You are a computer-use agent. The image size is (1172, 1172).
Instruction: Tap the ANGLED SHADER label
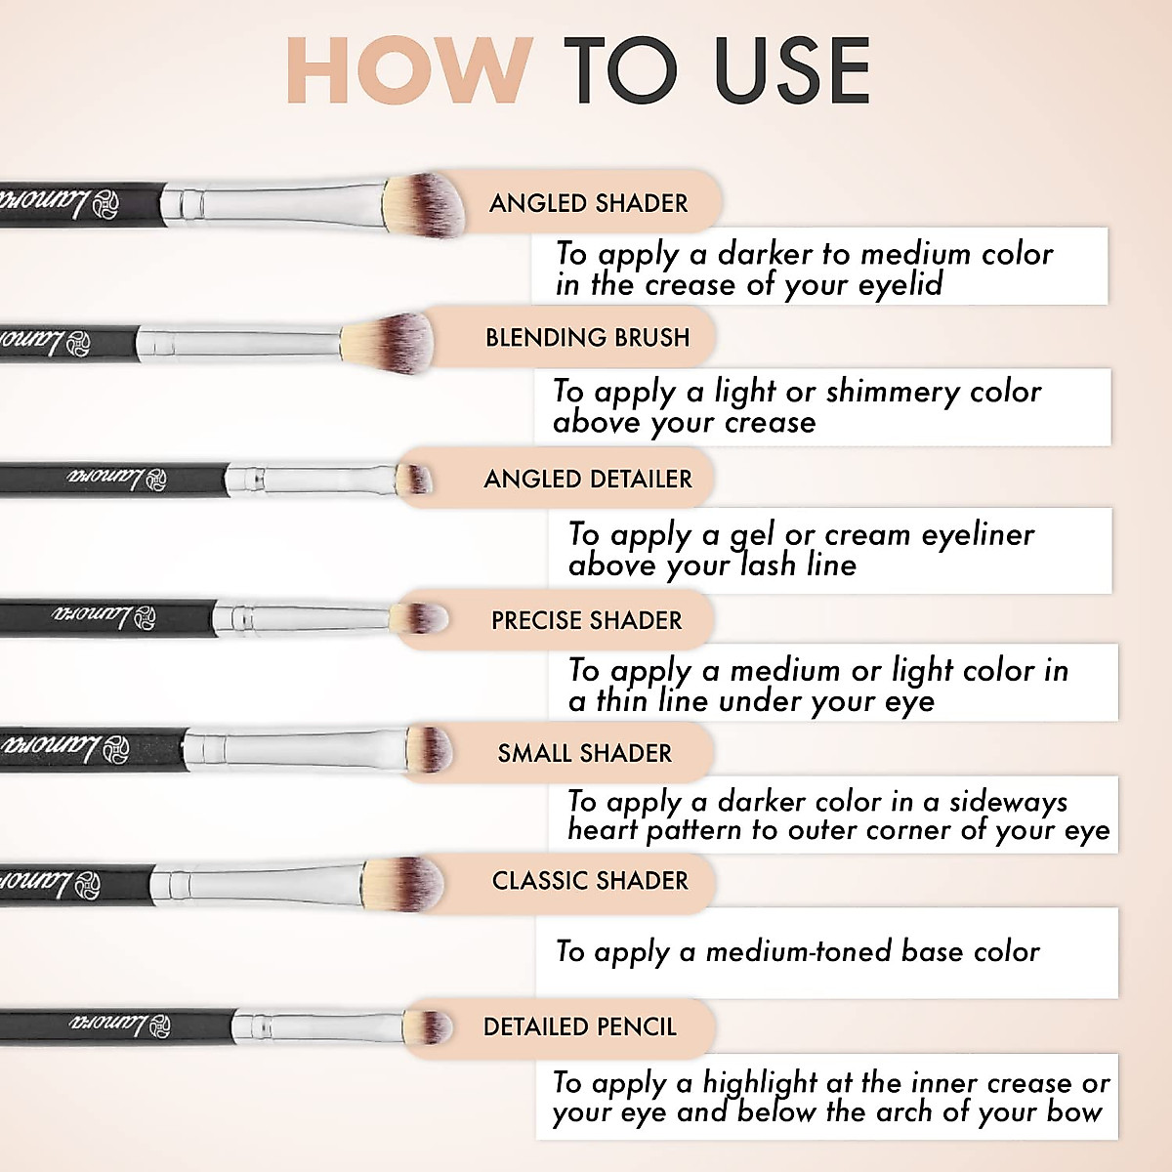tap(588, 203)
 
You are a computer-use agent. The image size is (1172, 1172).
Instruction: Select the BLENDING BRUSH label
tap(587, 338)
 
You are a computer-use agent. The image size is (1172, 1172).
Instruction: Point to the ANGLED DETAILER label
tap(587, 480)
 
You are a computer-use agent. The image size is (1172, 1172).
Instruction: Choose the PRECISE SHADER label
tap(586, 621)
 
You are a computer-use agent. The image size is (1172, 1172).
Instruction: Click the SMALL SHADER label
tap(584, 753)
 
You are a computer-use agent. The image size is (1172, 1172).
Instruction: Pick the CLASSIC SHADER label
tap(590, 881)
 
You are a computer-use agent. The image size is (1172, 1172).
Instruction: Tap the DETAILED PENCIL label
tap(579, 1027)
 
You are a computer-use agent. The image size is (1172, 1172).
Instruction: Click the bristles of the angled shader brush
tap(426, 204)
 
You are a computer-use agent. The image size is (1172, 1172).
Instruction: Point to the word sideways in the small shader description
tap(1008, 802)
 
